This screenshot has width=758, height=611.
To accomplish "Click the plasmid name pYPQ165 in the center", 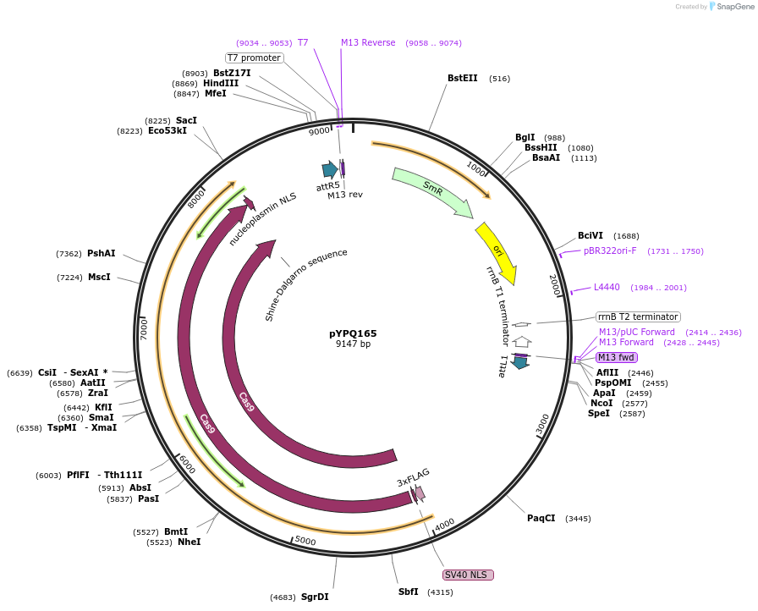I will coord(353,333).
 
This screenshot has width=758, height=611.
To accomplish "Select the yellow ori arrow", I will coord(497,252).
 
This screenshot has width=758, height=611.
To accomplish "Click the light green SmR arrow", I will coord(432,191).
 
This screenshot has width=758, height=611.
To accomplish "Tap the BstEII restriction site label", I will coord(463,79).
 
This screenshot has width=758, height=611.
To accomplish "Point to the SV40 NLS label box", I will coord(468,575).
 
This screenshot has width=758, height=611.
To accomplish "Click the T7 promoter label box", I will coord(254,58).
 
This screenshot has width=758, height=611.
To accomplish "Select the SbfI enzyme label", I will coord(409,592).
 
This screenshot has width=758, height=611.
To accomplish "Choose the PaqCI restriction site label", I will coord(541,518).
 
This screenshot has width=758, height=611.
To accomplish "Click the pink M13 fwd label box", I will coord(616,357).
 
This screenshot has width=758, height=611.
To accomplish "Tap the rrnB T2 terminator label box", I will coord(638,317).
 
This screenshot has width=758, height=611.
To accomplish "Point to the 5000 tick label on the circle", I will coord(305,542).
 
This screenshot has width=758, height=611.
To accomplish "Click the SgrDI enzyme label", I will coord(315,597).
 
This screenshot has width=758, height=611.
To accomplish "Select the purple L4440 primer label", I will coord(607,288).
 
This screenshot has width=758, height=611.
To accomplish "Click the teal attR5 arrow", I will coord(329,169).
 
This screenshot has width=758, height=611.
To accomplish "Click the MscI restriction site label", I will coord(99,277).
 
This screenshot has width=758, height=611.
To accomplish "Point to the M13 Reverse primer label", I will coord(368,42).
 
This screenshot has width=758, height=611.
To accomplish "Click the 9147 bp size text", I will coord(353,344).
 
